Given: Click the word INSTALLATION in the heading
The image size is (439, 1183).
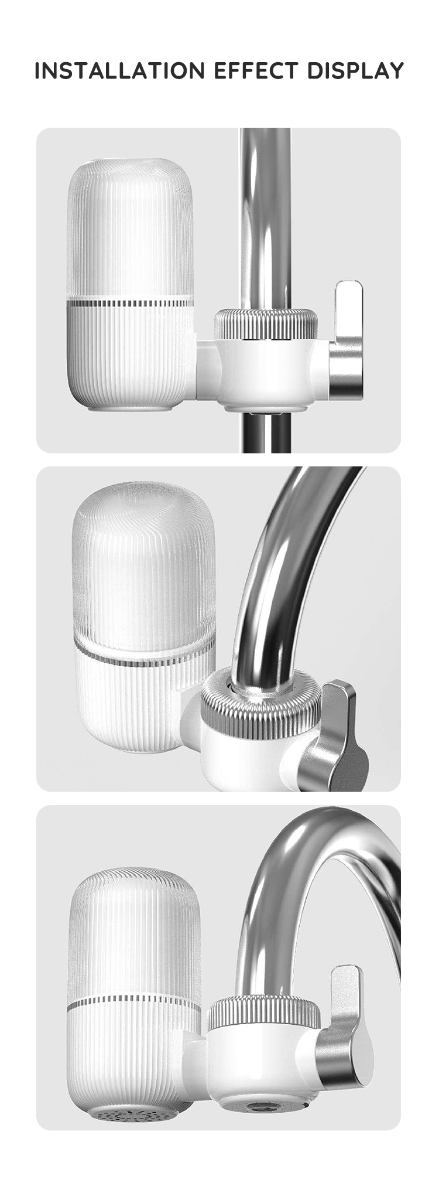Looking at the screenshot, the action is coord(120,71).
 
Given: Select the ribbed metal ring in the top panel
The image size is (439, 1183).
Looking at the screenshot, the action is coord(266,323).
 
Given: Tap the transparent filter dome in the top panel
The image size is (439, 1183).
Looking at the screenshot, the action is coord(130,230).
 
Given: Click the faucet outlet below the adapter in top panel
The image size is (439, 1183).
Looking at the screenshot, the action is coord(267,432).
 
